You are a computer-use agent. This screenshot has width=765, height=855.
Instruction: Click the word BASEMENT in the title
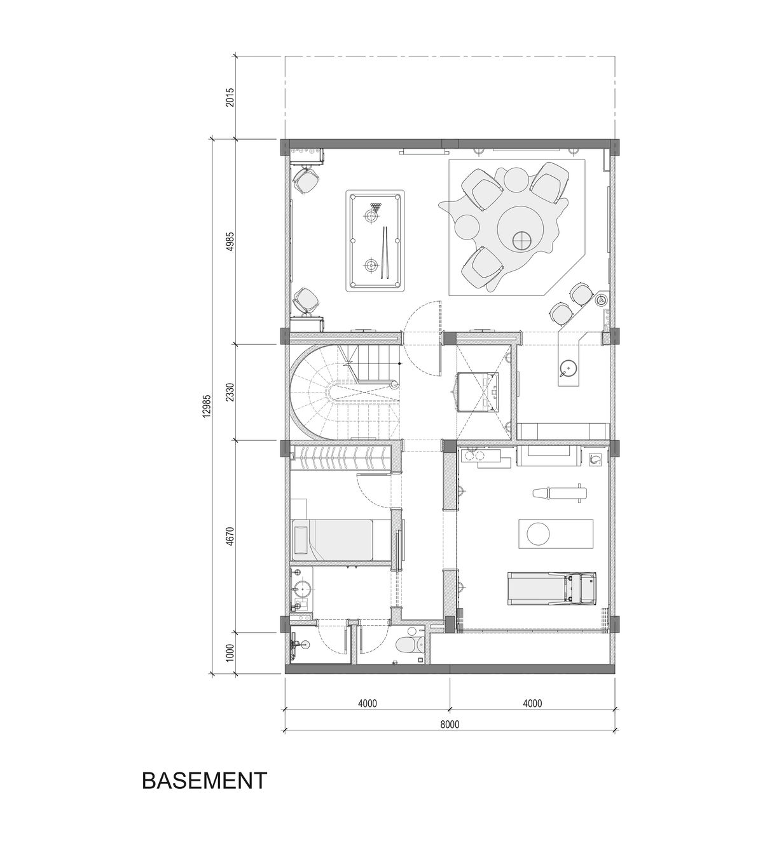(x=204, y=780)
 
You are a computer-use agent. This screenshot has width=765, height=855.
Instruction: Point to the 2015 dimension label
(x=230, y=97)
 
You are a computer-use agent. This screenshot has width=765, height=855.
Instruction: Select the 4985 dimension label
(x=230, y=242)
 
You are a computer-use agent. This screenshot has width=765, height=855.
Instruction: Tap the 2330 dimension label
(x=230, y=392)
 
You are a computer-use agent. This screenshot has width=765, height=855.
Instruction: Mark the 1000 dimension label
(x=230, y=653)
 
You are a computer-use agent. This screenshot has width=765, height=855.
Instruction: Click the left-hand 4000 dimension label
(x=367, y=703)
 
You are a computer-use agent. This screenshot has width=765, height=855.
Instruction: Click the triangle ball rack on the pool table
(x=376, y=206)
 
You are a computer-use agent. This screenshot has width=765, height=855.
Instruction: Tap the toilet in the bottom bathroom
(x=408, y=645)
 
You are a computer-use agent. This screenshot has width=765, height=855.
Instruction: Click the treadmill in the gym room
(x=551, y=588)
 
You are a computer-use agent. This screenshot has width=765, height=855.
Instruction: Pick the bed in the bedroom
(x=332, y=539)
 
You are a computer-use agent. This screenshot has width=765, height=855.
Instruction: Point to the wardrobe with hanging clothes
(x=340, y=457)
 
